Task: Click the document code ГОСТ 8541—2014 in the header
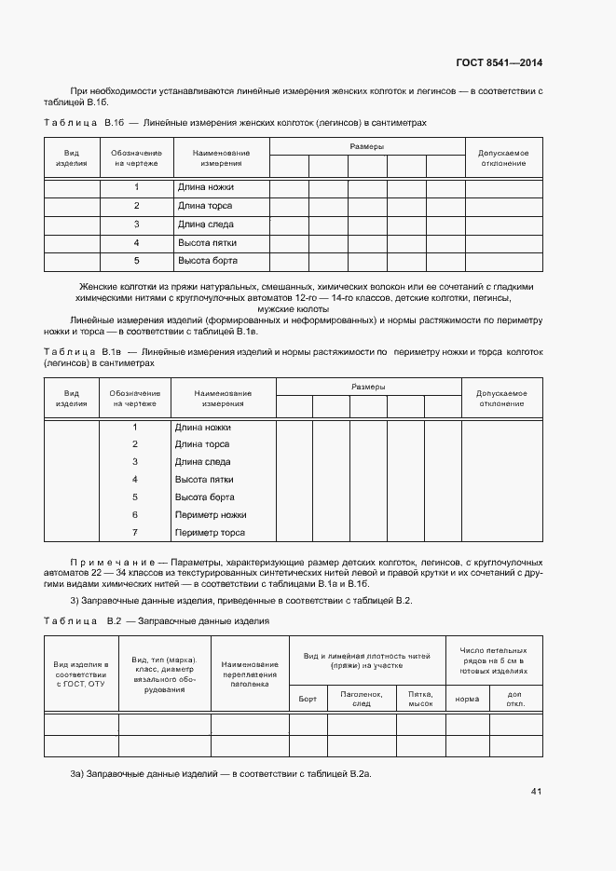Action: click(x=499, y=63)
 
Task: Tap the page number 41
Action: click(x=536, y=792)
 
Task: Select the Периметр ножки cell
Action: click(x=210, y=514)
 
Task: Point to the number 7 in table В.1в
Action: click(x=135, y=532)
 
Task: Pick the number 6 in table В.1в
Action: click(x=135, y=514)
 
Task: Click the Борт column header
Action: click(x=308, y=698)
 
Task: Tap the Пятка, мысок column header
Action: click(x=421, y=698)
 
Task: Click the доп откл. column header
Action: click(x=514, y=698)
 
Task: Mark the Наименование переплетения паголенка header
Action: click(x=250, y=674)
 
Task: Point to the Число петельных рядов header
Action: click(x=493, y=660)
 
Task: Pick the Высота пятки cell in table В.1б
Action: click(x=206, y=242)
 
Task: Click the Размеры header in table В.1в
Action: click(x=368, y=386)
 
